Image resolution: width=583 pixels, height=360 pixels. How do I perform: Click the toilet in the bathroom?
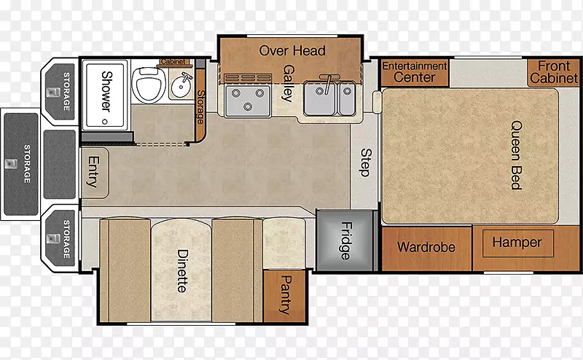pos(149,84)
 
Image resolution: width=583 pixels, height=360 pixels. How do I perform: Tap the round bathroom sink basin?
pos(181,86)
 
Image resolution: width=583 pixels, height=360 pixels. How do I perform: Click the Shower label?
pos(106,92)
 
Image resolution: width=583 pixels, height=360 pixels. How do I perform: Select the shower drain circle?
pos(104,122)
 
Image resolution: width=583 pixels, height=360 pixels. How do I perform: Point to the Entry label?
pos(93,171)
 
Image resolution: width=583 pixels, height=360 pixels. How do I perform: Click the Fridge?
pos(345,240)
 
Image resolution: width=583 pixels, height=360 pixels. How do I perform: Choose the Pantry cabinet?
pos(284,296)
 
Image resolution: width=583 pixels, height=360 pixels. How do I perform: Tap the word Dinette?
pos(182,271)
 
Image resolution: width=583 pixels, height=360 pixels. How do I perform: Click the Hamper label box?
pos(517,243)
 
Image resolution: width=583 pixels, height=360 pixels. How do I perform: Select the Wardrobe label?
pos(426,247)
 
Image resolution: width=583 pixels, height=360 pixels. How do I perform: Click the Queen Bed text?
pos(516,154)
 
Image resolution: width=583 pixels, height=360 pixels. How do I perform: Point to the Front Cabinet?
pos(554,73)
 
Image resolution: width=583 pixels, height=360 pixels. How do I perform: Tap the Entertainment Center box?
pos(415,72)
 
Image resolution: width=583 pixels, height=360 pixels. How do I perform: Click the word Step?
pos(366,163)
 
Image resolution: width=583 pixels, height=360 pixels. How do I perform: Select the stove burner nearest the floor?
pos(248,106)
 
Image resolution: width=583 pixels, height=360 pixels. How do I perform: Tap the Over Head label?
pos(292,50)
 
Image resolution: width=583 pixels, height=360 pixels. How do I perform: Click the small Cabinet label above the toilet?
pos(173,61)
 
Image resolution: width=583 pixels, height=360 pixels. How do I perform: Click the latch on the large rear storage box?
pos(10,164)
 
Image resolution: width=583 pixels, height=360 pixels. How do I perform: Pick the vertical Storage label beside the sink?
pos(200,106)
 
